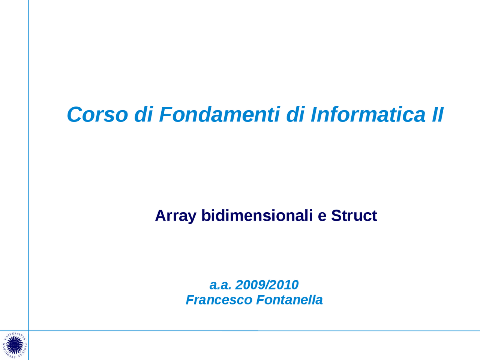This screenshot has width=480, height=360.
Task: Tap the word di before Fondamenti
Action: [x=143, y=114]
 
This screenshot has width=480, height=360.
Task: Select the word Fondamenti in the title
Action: [x=219, y=114]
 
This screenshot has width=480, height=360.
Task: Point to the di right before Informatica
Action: [x=295, y=114]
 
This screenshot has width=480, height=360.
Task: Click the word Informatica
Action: [x=368, y=114]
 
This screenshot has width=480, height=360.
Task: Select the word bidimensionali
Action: [x=257, y=216]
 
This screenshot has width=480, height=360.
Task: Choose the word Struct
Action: [x=354, y=216]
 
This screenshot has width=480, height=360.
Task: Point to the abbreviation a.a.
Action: [x=220, y=285]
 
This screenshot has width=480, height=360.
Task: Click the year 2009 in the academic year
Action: [x=249, y=285]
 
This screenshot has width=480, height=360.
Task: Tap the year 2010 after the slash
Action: [x=283, y=285]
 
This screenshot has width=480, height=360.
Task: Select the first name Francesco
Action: [x=219, y=300]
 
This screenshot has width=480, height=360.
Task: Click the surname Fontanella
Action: [x=289, y=300]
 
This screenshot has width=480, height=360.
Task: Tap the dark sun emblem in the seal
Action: [x=14, y=345]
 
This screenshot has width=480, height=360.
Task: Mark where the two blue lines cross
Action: [x=28, y=331]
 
